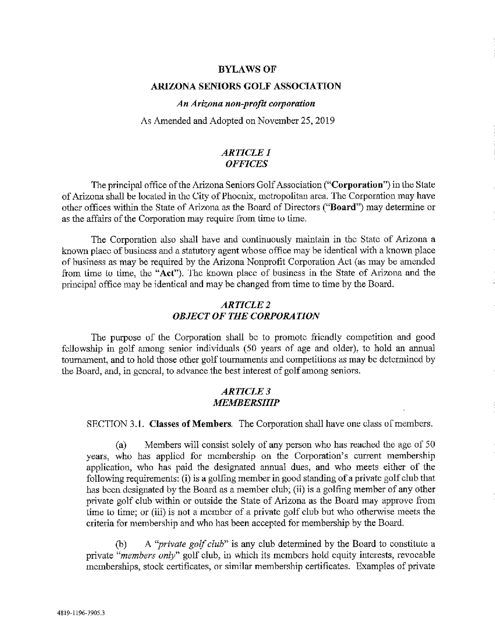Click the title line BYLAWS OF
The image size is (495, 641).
click(x=247, y=69)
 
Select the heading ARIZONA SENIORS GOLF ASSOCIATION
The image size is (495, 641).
click(x=246, y=86)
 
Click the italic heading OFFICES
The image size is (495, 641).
click(x=246, y=164)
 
